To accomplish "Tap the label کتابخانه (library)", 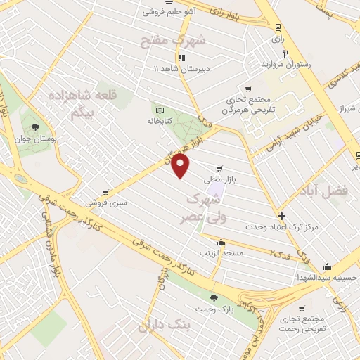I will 159,120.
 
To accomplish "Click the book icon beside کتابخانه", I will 159,110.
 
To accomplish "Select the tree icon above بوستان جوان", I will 35,127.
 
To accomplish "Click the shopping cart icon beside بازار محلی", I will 221,169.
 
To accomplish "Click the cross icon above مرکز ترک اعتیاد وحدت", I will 282,216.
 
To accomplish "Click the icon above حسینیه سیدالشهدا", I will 327,266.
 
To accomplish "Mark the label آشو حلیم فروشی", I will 169,12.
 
